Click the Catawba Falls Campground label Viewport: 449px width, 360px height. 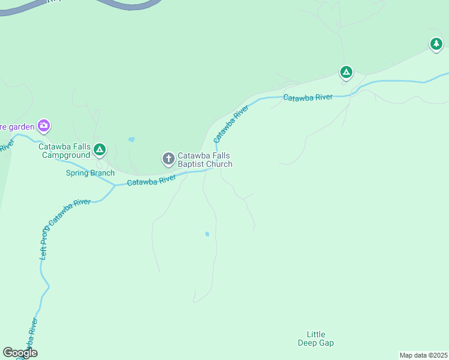click(x=65, y=150)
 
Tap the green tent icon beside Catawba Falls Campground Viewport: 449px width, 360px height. click(x=100, y=149)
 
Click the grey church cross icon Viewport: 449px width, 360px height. click(x=169, y=159)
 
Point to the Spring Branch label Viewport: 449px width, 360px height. click(x=90, y=173)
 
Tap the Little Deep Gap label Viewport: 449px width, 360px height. click(x=316, y=338)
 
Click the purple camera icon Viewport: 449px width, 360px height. click(x=43, y=126)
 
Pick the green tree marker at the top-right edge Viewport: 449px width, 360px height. click(x=436, y=44)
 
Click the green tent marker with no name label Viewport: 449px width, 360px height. click(x=346, y=73)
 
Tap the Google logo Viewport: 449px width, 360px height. click(x=20, y=353)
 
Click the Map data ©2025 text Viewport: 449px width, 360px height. click(x=423, y=355)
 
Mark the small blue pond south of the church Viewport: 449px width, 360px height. click(x=207, y=234)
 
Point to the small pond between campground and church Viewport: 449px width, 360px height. click(x=131, y=140)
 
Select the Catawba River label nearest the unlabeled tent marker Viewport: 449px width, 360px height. click(x=308, y=97)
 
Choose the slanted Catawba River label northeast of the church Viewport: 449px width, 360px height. click(x=231, y=124)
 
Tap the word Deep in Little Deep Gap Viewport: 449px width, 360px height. click(x=308, y=343)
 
